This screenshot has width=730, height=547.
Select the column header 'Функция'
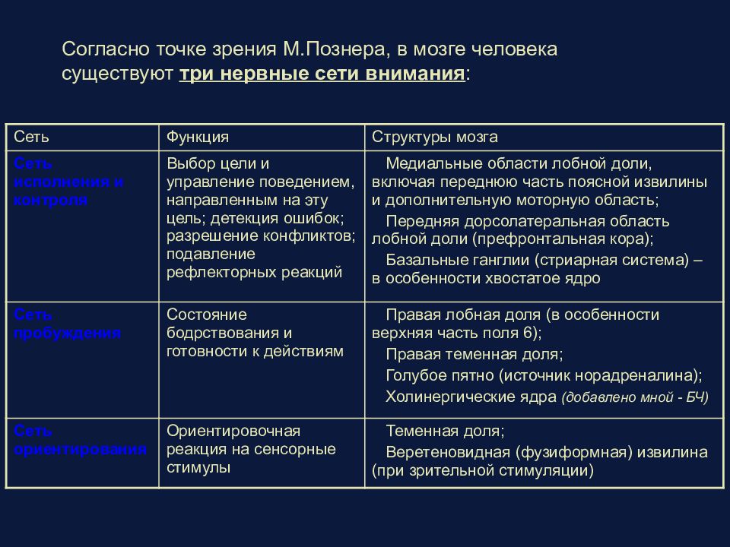point(198,138)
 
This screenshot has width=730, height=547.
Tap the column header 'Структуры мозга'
point(435,138)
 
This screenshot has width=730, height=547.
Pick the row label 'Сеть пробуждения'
point(67,324)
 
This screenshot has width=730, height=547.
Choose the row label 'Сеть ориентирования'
point(80,441)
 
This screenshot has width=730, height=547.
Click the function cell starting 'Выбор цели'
point(260,218)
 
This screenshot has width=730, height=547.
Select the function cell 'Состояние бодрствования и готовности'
point(255,333)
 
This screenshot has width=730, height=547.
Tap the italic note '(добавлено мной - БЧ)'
point(635,397)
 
